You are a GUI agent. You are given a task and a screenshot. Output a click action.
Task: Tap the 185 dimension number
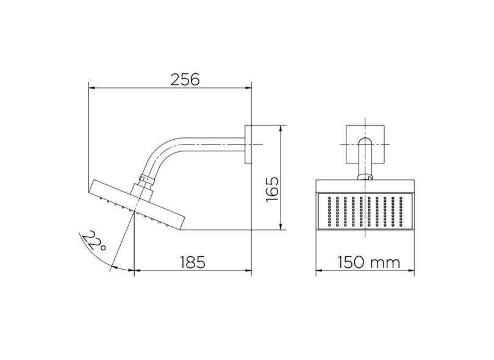pos(192,262)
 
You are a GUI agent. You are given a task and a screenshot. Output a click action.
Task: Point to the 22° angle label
pos(95,242)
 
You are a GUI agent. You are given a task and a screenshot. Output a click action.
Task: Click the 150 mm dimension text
pos(369,262)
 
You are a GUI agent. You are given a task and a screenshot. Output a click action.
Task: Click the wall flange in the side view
pos(249,145)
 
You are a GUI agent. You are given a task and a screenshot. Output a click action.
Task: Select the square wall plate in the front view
pos(365,145)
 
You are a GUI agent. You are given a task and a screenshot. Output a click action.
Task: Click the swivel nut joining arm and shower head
pos(145,181)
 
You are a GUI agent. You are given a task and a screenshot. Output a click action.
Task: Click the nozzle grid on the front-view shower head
pos(365,211)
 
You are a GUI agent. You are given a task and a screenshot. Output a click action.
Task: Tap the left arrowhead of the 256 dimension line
pos(92,87)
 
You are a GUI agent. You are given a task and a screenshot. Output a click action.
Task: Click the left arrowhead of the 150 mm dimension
pos(318,270)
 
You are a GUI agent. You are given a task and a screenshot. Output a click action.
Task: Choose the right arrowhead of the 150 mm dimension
pos(412,270)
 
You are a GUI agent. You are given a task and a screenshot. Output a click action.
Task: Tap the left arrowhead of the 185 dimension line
pos(135,270)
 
